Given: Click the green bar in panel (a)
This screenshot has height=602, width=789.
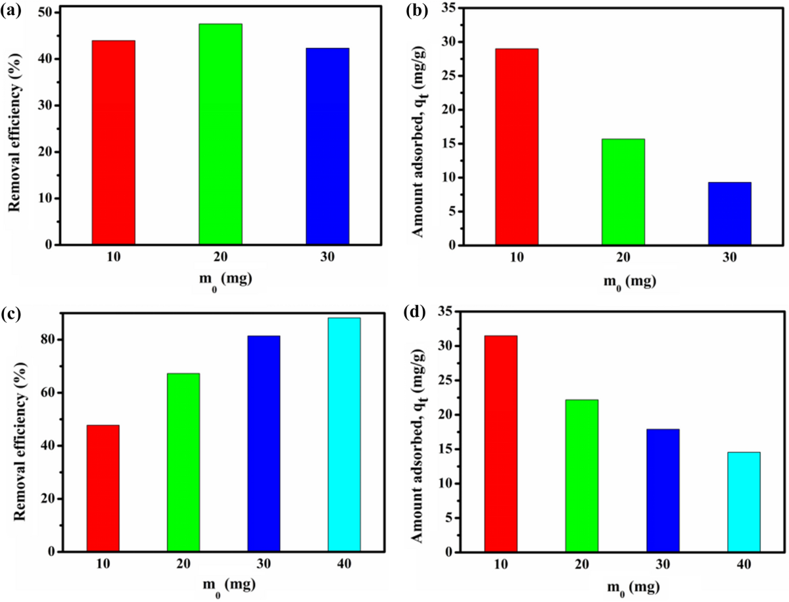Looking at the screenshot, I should tap(220, 134).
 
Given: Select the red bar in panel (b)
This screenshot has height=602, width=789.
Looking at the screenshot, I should tap(517, 147).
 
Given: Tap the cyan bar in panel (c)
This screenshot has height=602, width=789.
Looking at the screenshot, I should tap(344, 434).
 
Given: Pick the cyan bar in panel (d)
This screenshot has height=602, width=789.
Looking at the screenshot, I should tap(744, 502).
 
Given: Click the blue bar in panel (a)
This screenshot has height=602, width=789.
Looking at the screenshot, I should tap(327, 146).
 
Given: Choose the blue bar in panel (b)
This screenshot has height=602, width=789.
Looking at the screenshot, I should tap(730, 214).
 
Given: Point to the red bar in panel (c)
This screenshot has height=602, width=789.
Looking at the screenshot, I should tap(103, 488).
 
